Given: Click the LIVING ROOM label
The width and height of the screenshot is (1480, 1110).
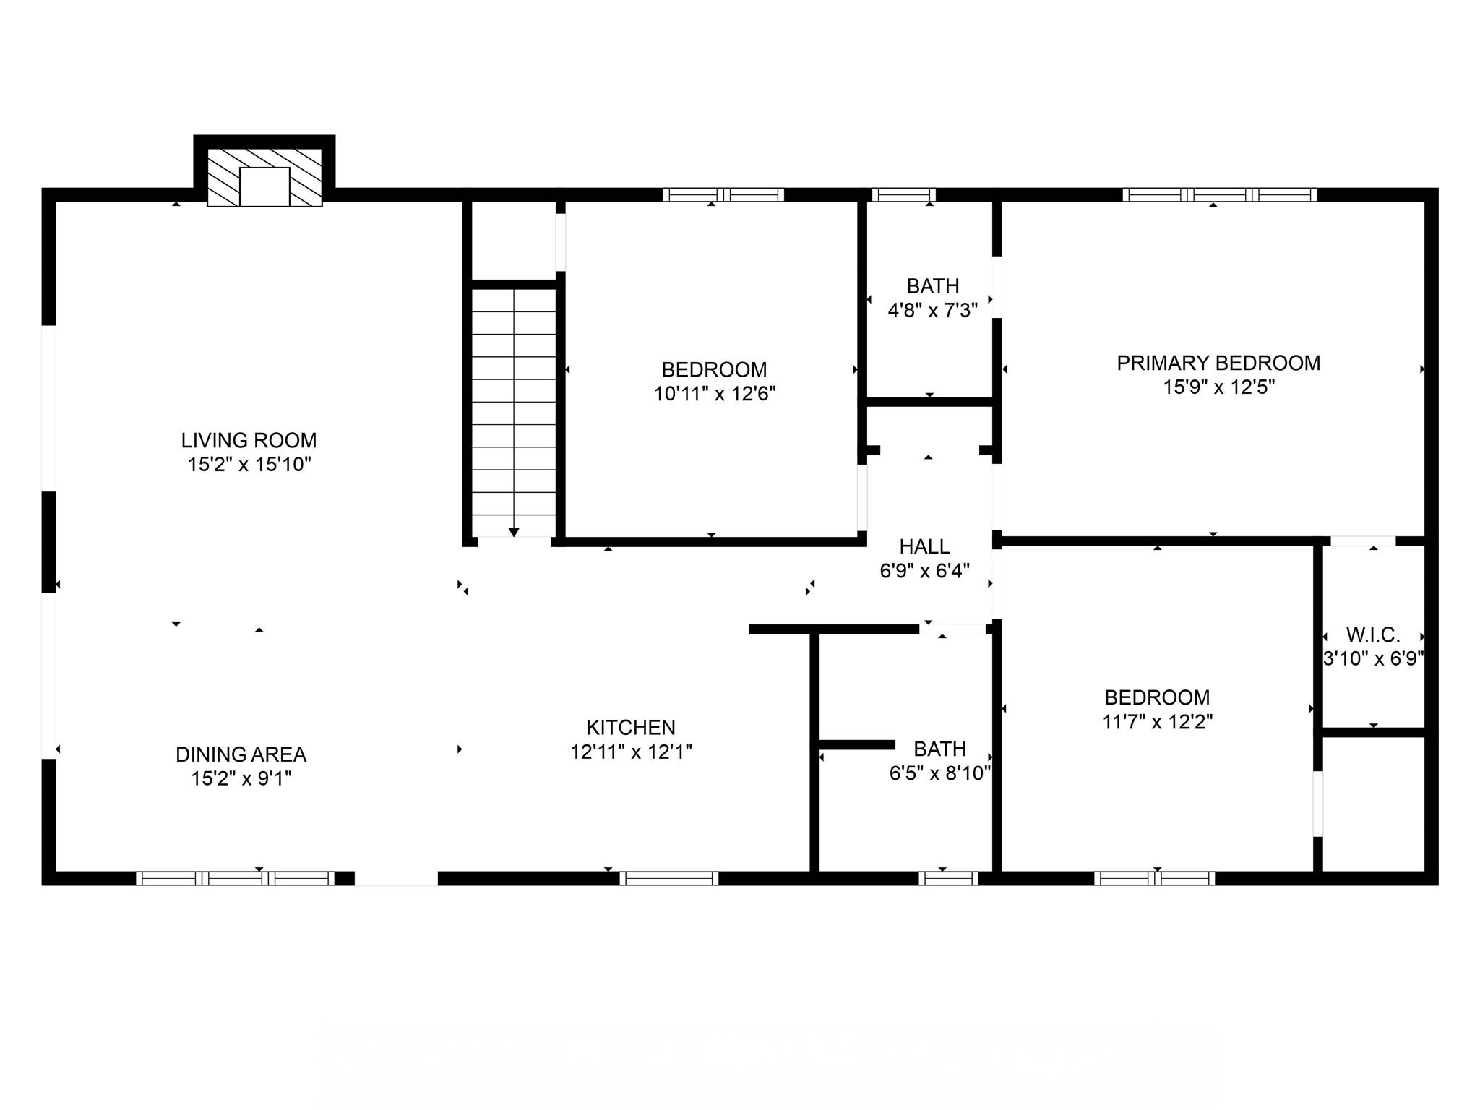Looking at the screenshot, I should coord(249,440).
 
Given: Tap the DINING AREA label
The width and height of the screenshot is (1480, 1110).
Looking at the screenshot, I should coord(241,754).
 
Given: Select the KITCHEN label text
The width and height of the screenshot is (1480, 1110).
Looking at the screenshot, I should coord(630,727).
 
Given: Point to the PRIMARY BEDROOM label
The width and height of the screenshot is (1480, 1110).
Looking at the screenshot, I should coord(1218,363).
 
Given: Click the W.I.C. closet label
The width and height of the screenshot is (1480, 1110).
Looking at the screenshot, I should coord(1373,635).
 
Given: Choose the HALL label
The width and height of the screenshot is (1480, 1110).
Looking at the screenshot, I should coord(924,546).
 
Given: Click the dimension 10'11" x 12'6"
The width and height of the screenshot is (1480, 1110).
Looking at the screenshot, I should coord(715,394).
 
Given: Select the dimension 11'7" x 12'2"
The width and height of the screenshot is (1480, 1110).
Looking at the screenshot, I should coord(1157,721).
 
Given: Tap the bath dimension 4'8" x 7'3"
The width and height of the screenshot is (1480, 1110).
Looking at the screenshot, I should coord(932,311).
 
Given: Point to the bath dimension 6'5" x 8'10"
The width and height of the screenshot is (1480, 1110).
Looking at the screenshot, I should coord(939,773).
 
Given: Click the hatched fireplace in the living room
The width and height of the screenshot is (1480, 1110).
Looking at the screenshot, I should coord(264,178).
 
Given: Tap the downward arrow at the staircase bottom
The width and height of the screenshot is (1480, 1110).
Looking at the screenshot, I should coord(514,532).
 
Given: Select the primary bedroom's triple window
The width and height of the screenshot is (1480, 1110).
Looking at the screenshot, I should coord(1219,194).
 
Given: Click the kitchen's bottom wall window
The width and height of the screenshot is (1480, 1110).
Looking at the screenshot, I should coord(668,878).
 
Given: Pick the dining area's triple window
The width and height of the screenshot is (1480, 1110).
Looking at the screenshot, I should coord(235,878).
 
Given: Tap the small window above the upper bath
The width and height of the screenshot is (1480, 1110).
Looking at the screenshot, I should coord(903,194).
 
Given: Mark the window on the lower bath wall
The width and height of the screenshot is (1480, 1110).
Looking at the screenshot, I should coord(948,878).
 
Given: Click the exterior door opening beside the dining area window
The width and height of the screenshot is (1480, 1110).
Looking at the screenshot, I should coord(396,878).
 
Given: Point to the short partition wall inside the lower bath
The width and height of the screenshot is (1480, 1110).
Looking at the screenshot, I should coord(857,744).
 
